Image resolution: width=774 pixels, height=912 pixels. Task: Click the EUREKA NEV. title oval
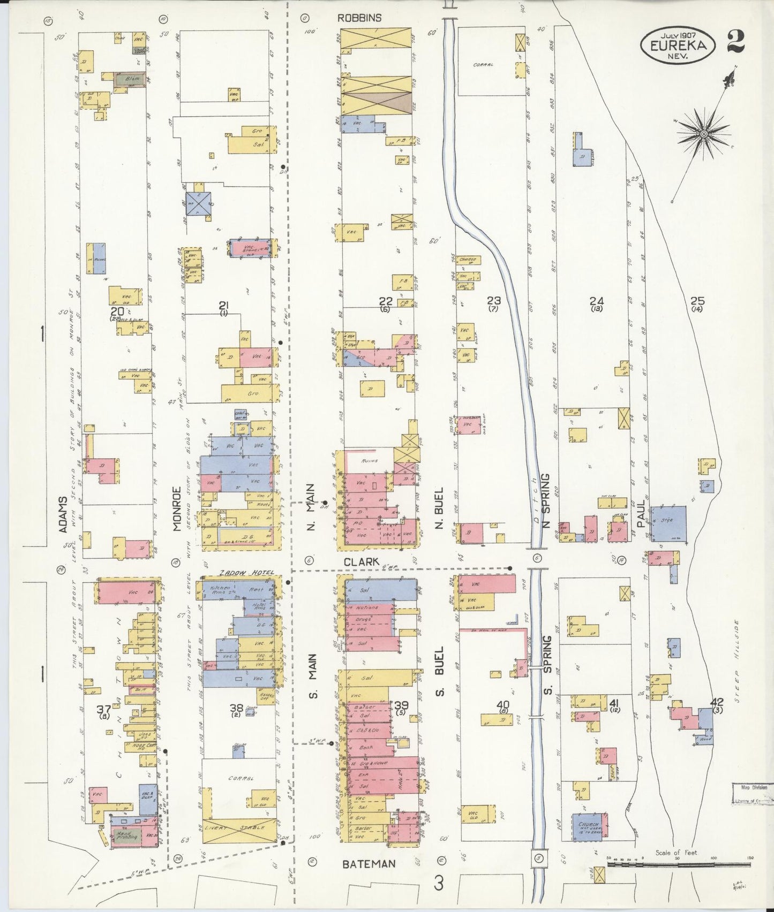pyautogui.click(x=678, y=45)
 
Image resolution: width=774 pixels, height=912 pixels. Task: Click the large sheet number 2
pyautogui.click(x=735, y=41)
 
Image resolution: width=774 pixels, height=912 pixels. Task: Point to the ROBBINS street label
pyautogui.click(x=359, y=18)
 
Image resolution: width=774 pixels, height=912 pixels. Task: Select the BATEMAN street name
pyautogui.click(x=369, y=863)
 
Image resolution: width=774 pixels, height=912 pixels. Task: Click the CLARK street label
pyautogui.click(x=361, y=562)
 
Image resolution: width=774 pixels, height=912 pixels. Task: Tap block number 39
pyautogui.click(x=401, y=706)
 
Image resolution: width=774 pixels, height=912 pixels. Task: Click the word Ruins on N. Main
pyautogui.click(x=370, y=460)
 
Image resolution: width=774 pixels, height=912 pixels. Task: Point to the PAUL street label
pyautogui.click(x=640, y=514)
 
